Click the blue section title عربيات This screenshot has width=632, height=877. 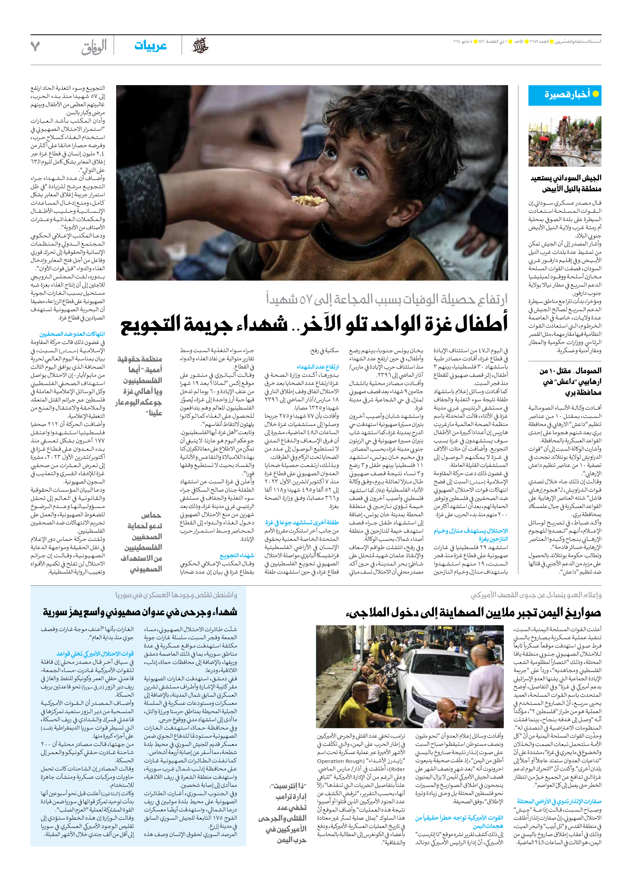tap(150, 46)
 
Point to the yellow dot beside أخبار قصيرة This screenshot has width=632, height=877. tap(596, 94)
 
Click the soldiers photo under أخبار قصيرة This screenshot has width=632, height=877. tap(565, 141)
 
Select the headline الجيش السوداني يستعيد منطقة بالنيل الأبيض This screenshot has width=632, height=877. tap(566, 183)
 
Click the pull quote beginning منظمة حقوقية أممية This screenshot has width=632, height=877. tap(139, 386)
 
